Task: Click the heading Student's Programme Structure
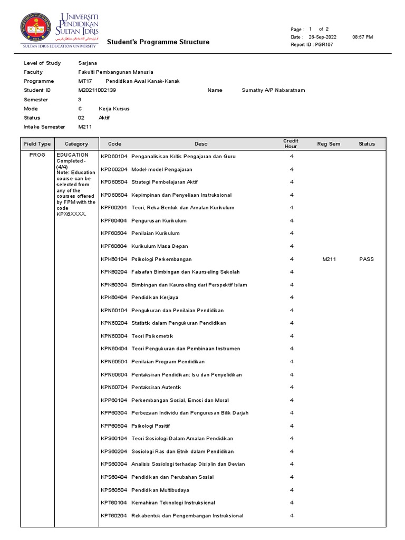point(158,42)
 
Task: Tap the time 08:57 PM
point(362,37)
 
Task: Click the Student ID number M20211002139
point(97,90)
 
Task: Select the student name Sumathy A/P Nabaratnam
point(273,90)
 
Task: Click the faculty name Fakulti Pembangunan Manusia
point(115,72)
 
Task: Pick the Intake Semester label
point(44,127)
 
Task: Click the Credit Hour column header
point(291,143)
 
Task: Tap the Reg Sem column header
point(329,143)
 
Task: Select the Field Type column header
point(37,143)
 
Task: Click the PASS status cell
point(366,259)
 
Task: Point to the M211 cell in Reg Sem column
point(329,259)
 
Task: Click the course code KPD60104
point(114,157)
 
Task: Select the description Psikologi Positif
point(151,426)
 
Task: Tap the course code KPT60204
point(114,515)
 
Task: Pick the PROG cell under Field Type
point(37,156)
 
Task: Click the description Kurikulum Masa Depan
point(159,246)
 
